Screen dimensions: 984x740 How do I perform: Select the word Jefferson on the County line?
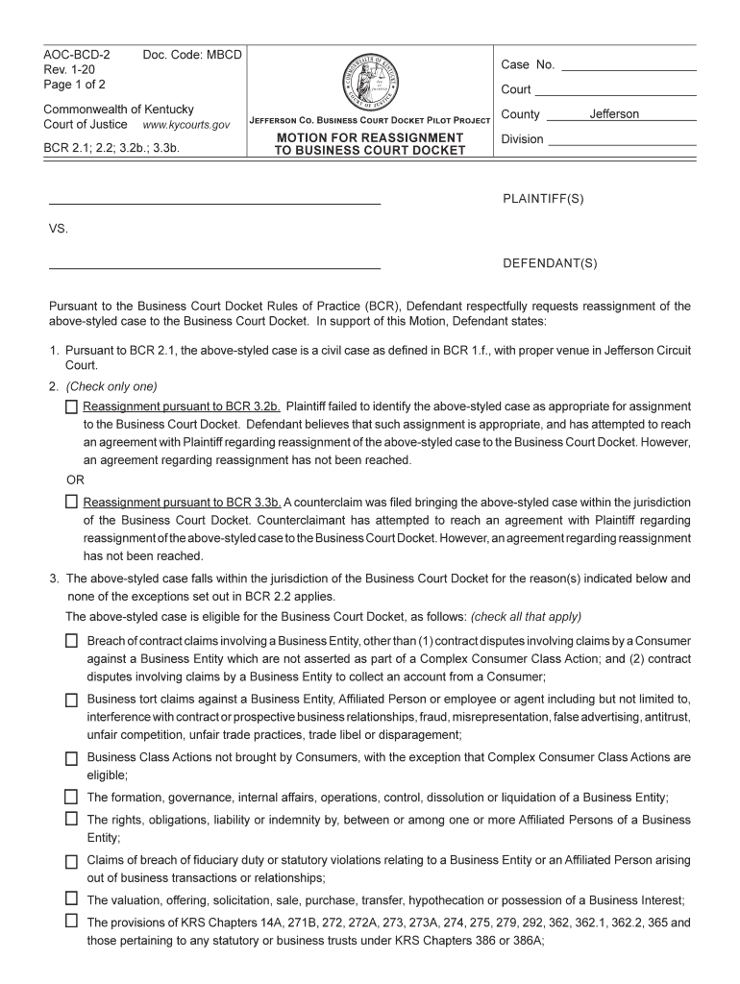(x=614, y=114)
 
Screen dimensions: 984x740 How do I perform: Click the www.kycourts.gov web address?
(x=185, y=125)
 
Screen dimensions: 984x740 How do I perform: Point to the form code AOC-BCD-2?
(x=77, y=55)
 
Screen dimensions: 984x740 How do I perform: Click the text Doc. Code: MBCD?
(x=191, y=55)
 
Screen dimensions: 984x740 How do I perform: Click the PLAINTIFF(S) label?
(x=543, y=199)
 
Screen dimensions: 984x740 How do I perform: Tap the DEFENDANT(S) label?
(x=550, y=262)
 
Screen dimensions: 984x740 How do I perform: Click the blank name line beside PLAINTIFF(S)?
(x=214, y=204)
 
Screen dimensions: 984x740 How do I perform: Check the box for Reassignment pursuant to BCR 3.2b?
(x=71, y=406)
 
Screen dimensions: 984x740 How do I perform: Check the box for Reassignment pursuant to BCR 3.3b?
(x=71, y=502)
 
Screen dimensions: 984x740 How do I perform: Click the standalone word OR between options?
(x=74, y=480)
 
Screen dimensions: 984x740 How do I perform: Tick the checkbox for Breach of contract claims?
(x=71, y=641)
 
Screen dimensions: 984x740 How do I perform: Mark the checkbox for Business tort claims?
(x=71, y=701)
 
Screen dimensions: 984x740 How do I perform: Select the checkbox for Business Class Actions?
(x=71, y=759)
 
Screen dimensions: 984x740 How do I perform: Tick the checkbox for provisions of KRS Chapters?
(x=71, y=921)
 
